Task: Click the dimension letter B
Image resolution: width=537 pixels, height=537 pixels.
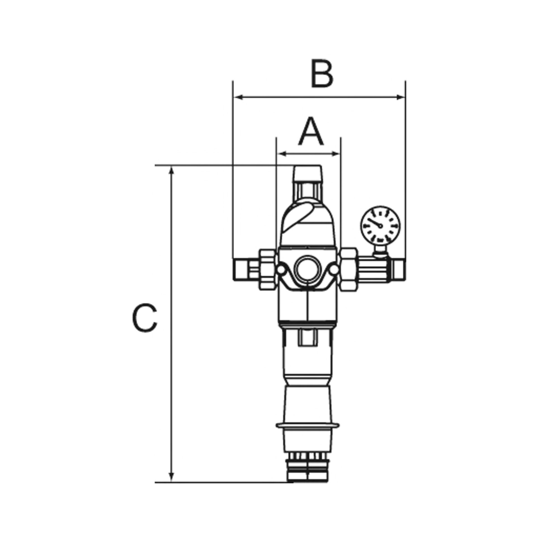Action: click(x=322, y=74)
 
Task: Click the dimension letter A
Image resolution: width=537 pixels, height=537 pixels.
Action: click(x=311, y=132)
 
